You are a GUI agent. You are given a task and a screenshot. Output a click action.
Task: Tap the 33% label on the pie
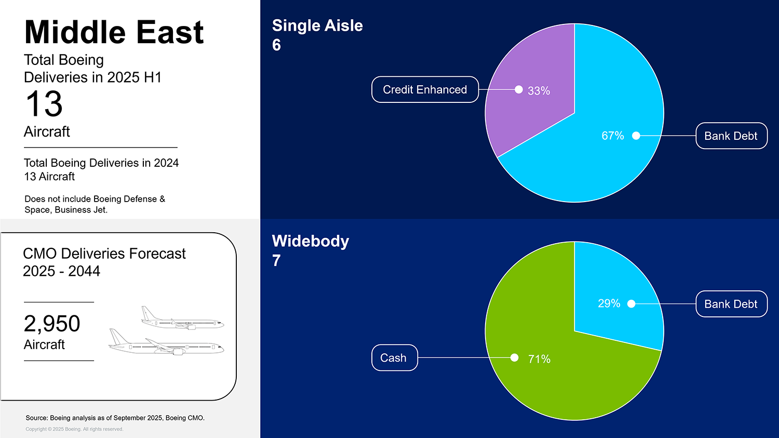point(539,91)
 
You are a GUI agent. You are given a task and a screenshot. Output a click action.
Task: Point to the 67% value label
point(613,136)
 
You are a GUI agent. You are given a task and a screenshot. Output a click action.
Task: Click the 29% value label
point(609,303)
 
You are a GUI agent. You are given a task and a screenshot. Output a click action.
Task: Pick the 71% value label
point(539,359)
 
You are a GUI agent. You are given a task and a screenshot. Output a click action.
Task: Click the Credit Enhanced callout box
point(425,89)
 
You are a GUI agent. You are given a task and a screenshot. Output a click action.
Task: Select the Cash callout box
point(394,357)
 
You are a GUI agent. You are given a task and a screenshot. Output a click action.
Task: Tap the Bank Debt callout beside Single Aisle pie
point(731,136)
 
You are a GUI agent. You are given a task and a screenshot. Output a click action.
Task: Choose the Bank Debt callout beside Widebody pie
point(731,304)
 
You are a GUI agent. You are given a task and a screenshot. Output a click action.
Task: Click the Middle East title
point(114,32)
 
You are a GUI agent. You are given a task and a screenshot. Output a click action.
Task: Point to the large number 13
point(44,104)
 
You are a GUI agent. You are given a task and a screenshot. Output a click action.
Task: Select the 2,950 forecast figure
point(52,324)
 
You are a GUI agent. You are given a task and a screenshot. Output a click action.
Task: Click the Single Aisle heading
point(317,26)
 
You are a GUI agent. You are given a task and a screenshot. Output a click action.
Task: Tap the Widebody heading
point(310,241)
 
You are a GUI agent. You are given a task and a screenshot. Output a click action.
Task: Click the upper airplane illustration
point(182,319)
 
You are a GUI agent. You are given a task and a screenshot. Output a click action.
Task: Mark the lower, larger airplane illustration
point(166,343)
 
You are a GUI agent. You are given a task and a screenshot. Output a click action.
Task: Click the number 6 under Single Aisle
point(276,45)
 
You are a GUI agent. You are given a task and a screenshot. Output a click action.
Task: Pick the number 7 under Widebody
point(276,261)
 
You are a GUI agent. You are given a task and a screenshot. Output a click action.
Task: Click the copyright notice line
point(74,429)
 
